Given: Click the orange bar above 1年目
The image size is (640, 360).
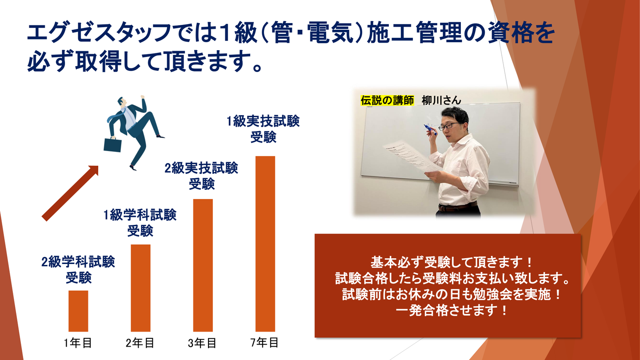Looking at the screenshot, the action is coord(78,311).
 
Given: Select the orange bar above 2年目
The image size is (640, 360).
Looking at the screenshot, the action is coord(140,288).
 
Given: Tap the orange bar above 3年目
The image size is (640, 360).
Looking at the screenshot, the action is coord(203,265).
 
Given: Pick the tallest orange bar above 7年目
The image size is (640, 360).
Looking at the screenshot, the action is coord(265,244).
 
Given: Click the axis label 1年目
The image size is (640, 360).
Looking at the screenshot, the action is coord(78,343).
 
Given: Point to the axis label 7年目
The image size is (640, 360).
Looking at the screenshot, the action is coord(264,342).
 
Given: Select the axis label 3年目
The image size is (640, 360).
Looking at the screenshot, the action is coord(202,343).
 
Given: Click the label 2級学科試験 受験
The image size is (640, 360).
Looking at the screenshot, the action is coord(78,270).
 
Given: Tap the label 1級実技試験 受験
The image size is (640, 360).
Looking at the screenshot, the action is coord(263,129).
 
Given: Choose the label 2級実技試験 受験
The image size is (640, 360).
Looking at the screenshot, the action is coord(201,176).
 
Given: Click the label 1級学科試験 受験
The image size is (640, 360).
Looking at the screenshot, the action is coord(140,223).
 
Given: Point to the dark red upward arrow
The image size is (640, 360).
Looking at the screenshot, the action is coord(70,193).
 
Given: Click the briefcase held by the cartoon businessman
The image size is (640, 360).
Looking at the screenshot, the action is coord(112,144).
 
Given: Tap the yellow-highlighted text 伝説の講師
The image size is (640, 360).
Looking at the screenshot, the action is coord(387,100).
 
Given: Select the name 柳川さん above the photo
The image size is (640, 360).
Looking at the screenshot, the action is coord(441,100).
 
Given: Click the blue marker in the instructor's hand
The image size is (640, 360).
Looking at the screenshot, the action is coord(430,129).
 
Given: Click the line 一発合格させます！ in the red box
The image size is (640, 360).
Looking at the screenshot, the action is coord(452,311).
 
